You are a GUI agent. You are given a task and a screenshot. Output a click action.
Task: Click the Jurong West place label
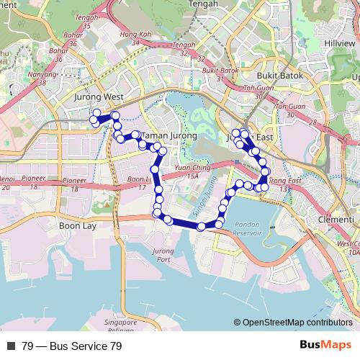tap(99, 96)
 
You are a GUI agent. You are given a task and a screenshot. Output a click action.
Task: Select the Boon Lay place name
tap(77, 225)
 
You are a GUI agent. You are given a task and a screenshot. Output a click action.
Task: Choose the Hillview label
tap(339, 44)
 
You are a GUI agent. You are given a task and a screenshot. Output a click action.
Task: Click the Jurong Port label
tap(163, 255)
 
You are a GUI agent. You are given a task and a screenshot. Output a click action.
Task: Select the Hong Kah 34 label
tap(136, 37)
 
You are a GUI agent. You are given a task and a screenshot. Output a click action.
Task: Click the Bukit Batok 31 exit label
tap(220, 74)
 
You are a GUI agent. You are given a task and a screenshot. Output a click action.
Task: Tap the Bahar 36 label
tap(73, 39)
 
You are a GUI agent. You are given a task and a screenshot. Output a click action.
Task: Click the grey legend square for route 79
tap(11, 346)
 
